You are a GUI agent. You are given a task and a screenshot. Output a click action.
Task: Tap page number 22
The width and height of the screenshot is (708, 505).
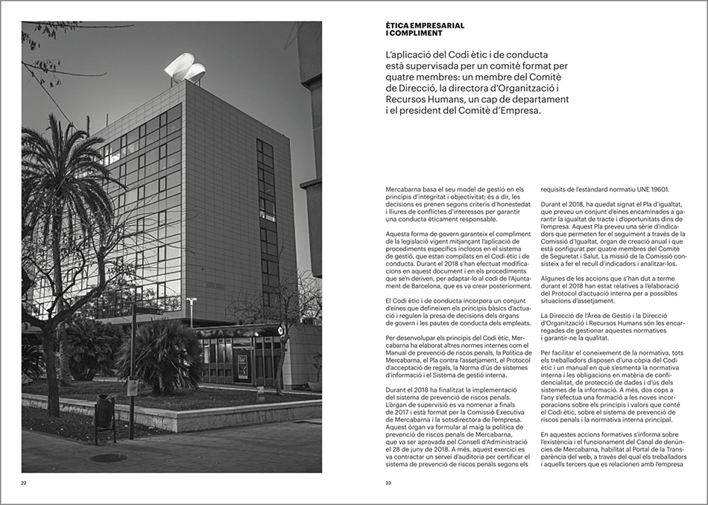click(24, 483)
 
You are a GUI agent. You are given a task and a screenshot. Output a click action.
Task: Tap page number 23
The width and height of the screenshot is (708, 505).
click(388, 483)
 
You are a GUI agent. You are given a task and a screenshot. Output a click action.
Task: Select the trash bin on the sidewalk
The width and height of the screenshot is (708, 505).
click(105, 411)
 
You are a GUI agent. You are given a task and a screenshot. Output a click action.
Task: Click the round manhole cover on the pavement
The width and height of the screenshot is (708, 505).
click(108, 458)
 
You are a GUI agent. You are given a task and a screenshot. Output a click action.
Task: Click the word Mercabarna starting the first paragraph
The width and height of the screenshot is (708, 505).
click(402, 190)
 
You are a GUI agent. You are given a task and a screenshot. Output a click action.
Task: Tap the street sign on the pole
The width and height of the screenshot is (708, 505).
click(132, 387)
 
